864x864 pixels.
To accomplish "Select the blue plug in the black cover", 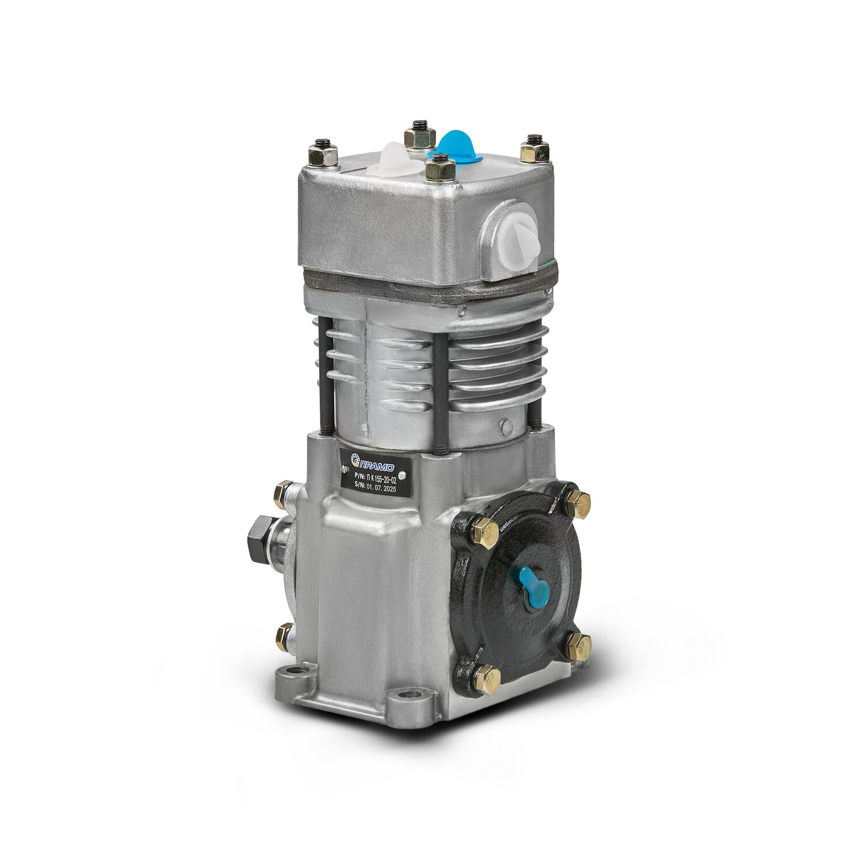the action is pyautogui.click(x=533, y=587).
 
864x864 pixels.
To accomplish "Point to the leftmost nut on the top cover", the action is pyautogui.click(x=323, y=154).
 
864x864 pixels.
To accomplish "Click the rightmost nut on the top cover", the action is pyautogui.click(x=535, y=150).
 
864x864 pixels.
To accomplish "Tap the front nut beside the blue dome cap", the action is pyautogui.click(x=441, y=168).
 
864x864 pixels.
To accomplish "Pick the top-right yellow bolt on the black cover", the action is pyautogui.click(x=577, y=505).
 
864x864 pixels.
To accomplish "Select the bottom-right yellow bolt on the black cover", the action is pyautogui.click(x=578, y=647).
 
